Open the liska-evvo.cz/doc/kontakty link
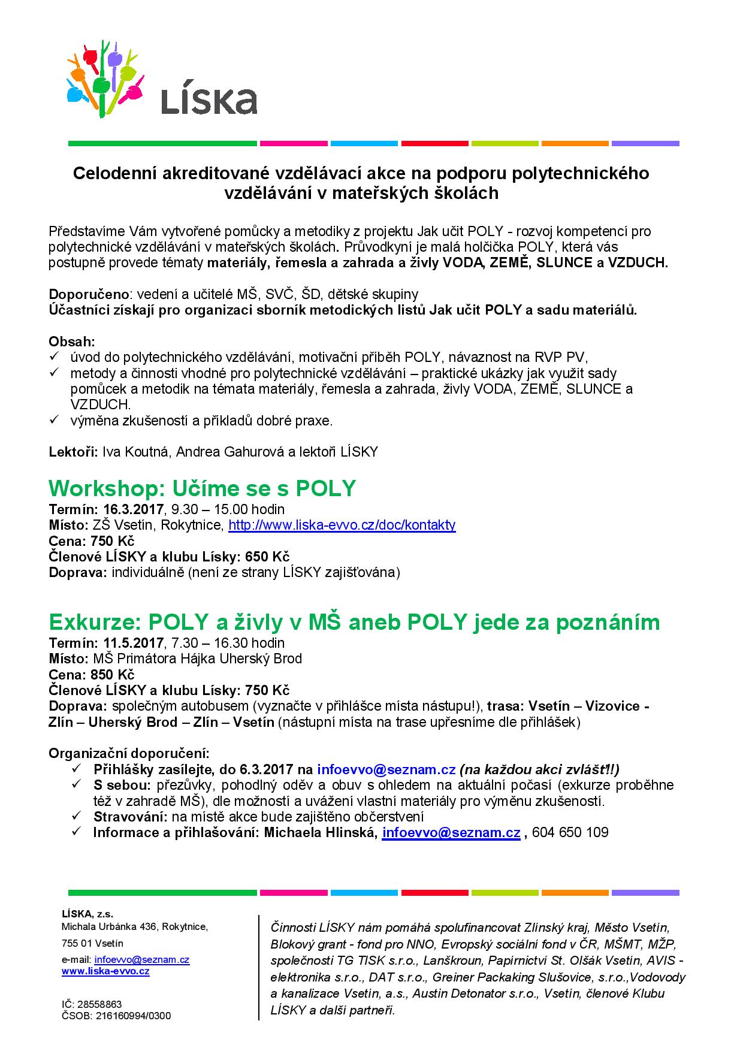pos(342,525)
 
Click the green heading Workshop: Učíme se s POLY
pos(202,488)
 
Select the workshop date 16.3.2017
pos(133,510)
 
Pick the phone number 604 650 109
pos(570,832)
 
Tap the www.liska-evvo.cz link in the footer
pos(105,971)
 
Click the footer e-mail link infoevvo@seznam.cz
pos(142,959)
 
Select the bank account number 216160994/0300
pos(133,1016)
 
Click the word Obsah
pos(71,342)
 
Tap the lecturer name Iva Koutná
pos(137,452)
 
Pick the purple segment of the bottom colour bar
pos(645,893)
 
